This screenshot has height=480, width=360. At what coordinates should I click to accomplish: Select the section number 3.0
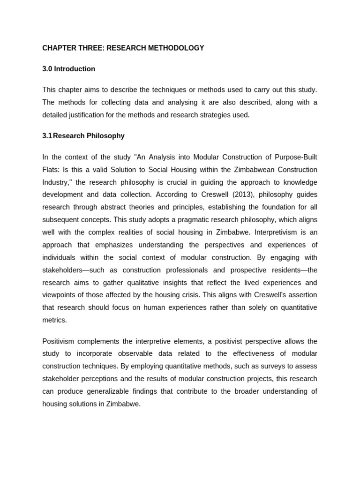pyautogui.click(x=47, y=69)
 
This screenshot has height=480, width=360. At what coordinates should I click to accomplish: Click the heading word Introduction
pyautogui.click(x=75, y=69)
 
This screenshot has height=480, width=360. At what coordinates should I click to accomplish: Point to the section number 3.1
pyautogui.click(x=47, y=136)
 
